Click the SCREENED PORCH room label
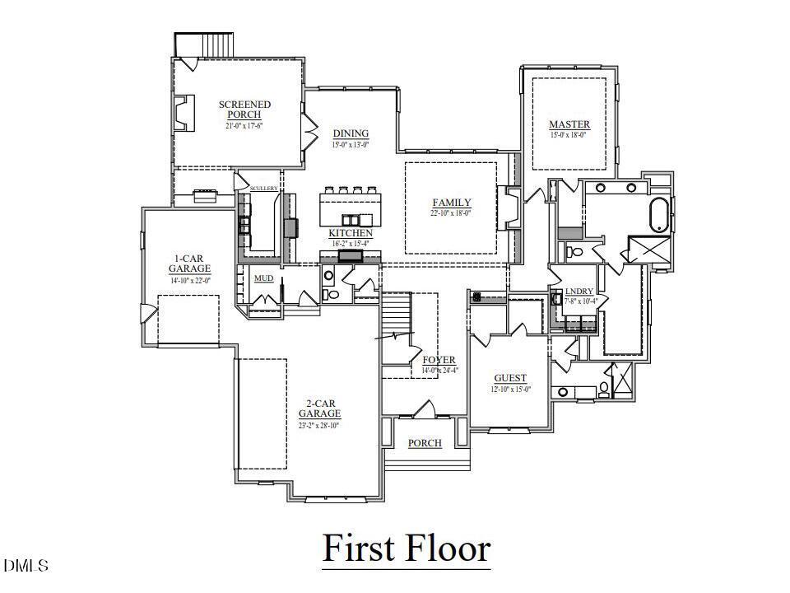pyautogui.click(x=244, y=110)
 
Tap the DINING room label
pyautogui.click(x=351, y=133)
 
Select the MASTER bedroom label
pyautogui.click(x=569, y=125)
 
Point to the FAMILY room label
pyautogui.click(x=452, y=203)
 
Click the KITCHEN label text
pyautogui.click(x=351, y=233)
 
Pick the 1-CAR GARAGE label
pyautogui.click(x=189, y=263)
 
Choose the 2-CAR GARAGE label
pyautogui.click(x=319, y=408)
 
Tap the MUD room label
pyautogui.click(x=263, y=278)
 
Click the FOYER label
pyautogui.click(x=439, y=360)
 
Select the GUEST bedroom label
pyautogui.click(x=510, y=378)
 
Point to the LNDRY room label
pyautogui.click(x=579, y=292)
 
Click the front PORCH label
pyautogui.click(x=425, y=443)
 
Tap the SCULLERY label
pyautogui.click(x=263, y=189)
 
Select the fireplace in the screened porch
pyautogui.click(x=181, y=113)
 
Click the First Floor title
pyautogui.click(x=406, y=548)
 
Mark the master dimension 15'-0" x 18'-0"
pyautogui.click(x=569, y=135)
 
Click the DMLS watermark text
pyautogui.click(x=26, y=566)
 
